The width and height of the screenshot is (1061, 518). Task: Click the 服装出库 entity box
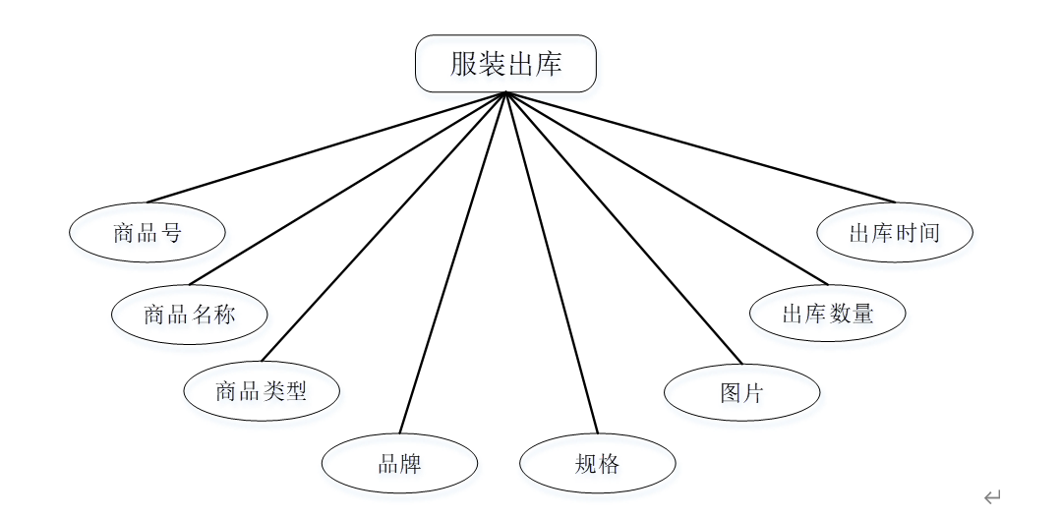(x=505, y=64)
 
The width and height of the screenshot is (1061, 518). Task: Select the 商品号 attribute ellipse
(x=147, y=233)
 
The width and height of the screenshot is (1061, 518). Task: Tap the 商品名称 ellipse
(x=190, y=315)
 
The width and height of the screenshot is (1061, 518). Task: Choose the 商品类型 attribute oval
(x=262, y=391)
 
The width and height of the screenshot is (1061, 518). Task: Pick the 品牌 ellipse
(x=399, y=463)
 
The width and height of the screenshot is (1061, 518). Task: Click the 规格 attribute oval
(x=598, y=463)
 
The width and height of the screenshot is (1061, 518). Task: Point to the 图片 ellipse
(x=741, y=392)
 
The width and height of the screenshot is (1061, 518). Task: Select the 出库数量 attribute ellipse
(x=828, y=314)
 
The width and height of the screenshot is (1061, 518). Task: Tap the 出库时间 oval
(x=895, y=233)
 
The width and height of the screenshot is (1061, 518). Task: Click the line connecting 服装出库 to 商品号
(x=324, y=147)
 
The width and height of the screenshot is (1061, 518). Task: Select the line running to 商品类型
(x=382, y=227)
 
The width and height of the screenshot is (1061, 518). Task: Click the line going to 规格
(x=552, y=262)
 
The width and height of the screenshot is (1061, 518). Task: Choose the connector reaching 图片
(x=624, y=228)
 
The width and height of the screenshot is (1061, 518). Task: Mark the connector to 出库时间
(x=700, y=147)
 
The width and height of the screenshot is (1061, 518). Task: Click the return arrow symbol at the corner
(x=992, y=496)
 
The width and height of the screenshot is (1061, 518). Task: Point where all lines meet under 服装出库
(x=505, y=93)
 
